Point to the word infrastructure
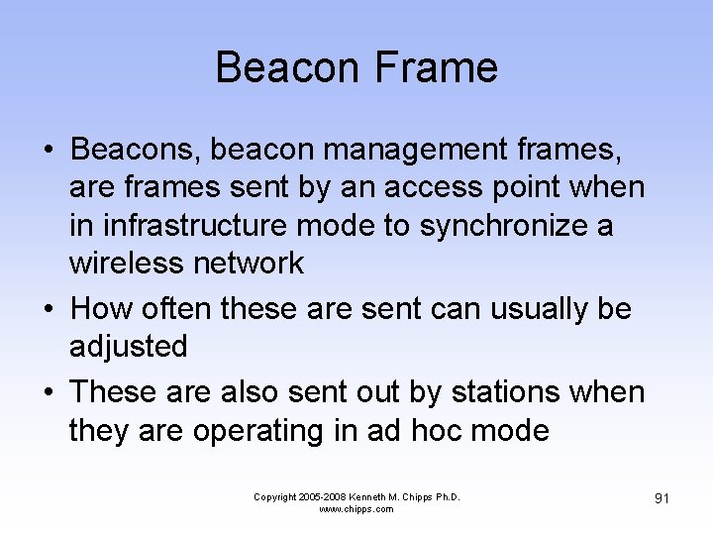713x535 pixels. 183,226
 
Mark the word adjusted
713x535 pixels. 129,347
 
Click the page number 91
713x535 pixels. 661,498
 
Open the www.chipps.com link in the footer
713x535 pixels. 356,509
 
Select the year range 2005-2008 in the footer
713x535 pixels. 317,497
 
